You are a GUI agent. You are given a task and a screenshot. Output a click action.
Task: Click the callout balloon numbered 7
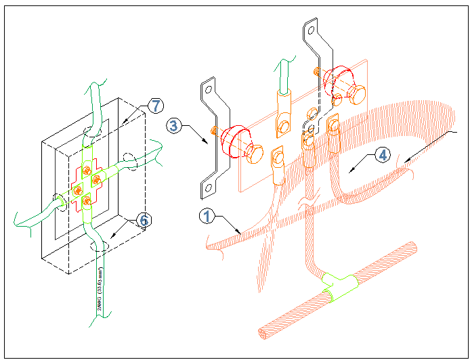pyautogui.click(x=155, y=106)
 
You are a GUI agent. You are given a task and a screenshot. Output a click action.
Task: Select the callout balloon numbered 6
pyautogui.click(x=143, y=219)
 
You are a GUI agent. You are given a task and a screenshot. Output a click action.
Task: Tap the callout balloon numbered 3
pyautogui.click(x=174, y=125)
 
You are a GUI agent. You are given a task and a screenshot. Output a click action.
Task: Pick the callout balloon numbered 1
pyautogui.click(x=207, y=216)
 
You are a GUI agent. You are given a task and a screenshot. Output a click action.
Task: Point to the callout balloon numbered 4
pyautogui.click(x=383, y=155)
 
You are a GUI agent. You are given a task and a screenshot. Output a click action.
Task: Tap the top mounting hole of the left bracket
pyautogui.click(x=209, y=88)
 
